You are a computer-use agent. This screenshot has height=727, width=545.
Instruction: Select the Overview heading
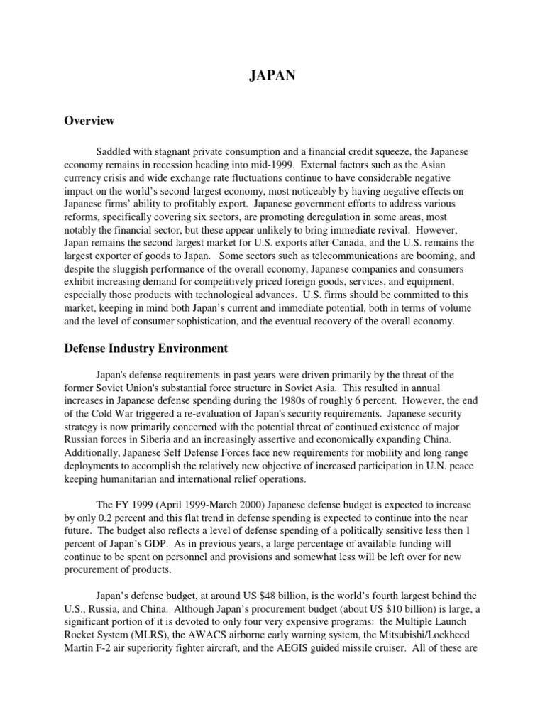(x=89, y=121)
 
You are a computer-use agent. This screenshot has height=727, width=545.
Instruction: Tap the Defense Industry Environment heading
(x=145, y=349)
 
